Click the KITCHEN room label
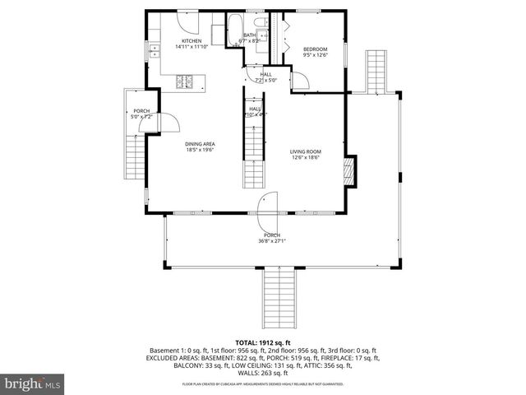(191, 41)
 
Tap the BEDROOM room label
(315, 49)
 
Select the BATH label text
(249, 35)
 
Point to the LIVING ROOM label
(305, 151)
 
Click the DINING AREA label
(200, 144)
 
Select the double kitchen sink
(153, 52)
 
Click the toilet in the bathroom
(258, 23)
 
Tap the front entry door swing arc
(268, 207)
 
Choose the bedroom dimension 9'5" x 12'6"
(315, 55)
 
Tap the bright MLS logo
(33, 383)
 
